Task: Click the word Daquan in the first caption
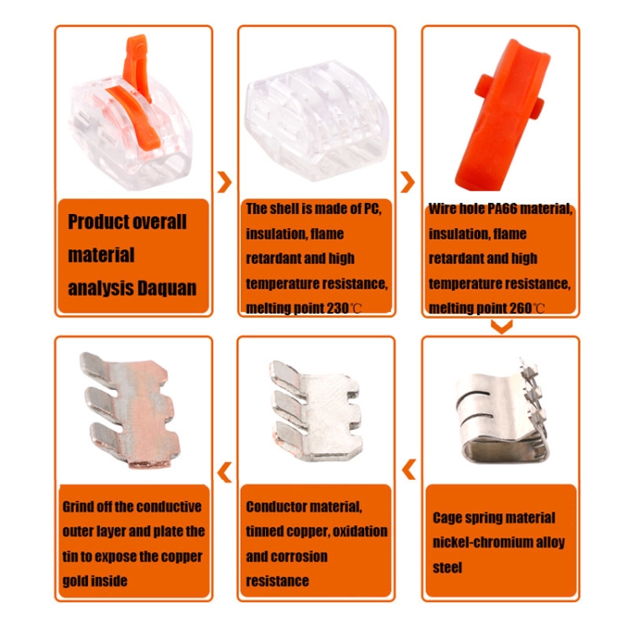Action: pos(167,288)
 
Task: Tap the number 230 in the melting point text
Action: pos(337,308)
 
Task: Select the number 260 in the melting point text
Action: pos(521,308)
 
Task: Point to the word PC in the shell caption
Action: pos(371,209)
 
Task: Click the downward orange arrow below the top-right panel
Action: pos(502,326)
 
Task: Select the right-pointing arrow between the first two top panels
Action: pos(225,182)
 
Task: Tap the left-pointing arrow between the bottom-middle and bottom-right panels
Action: pos(408,470)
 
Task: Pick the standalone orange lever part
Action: pos(506,114)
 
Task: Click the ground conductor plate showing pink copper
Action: pos(130,409)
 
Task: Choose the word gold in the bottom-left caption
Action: pos(73,581)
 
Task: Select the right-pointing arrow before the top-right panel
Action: pos(408,182)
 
